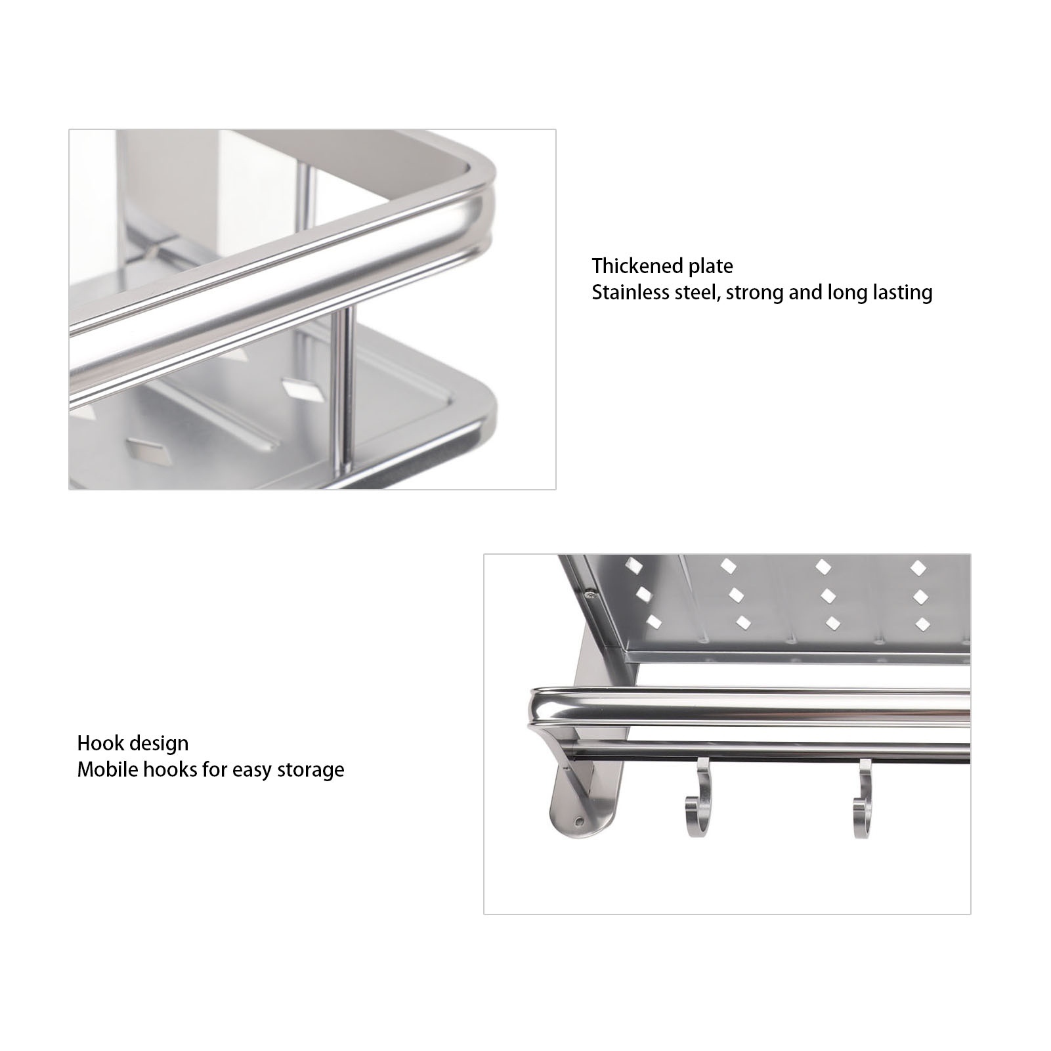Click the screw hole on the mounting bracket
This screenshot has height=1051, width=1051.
click(x=578, y=821)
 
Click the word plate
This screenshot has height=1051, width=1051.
click(x=711, y=267)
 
